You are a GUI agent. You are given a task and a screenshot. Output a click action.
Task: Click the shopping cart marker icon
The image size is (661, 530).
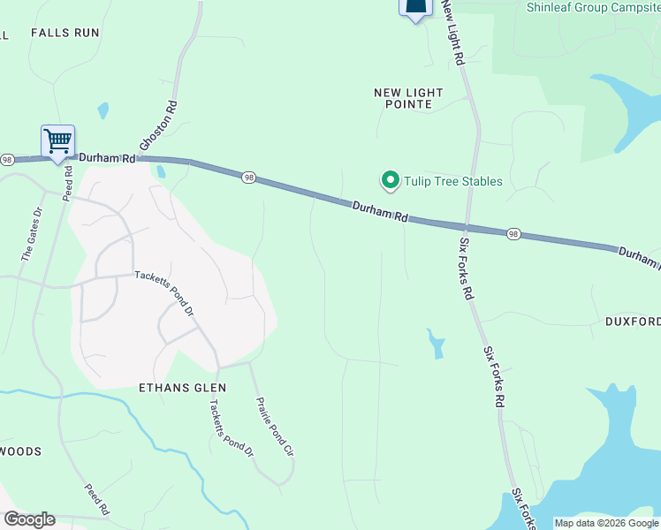coord(57,141)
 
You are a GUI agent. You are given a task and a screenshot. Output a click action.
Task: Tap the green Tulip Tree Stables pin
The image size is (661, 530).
coord(389,180)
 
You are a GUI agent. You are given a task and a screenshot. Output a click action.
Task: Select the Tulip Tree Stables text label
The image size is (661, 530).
coord(453,182)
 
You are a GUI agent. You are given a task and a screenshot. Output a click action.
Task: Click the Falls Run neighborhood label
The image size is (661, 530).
coord(65,33)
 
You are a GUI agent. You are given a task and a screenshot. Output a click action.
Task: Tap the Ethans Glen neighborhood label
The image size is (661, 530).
coord(183,388)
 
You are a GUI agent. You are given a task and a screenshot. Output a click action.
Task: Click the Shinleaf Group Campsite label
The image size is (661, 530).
coord(592,7)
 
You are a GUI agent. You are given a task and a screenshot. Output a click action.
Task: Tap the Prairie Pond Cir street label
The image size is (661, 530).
coord(274,427)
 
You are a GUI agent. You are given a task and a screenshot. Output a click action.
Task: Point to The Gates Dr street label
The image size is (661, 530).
coord(32,234)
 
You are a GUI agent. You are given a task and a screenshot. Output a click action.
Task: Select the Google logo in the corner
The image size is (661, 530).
coord(29,519)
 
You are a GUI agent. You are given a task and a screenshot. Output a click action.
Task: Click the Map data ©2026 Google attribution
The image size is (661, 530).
coord(606,523)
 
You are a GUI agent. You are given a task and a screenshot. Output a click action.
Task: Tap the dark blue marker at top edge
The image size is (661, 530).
coord(415,8)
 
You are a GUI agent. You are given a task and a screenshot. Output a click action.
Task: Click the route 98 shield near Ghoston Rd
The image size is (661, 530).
coord(250,177)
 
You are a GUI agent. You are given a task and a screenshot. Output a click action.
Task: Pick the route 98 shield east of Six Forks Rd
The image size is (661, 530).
coord(513,234)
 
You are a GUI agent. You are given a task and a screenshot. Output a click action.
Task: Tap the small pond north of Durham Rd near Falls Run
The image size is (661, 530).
coord(104,111)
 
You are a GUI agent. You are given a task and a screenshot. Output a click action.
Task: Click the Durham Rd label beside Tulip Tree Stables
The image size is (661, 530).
coord(381,210)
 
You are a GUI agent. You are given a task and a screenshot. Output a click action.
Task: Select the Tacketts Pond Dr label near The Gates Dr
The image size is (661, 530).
coord(163,292)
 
